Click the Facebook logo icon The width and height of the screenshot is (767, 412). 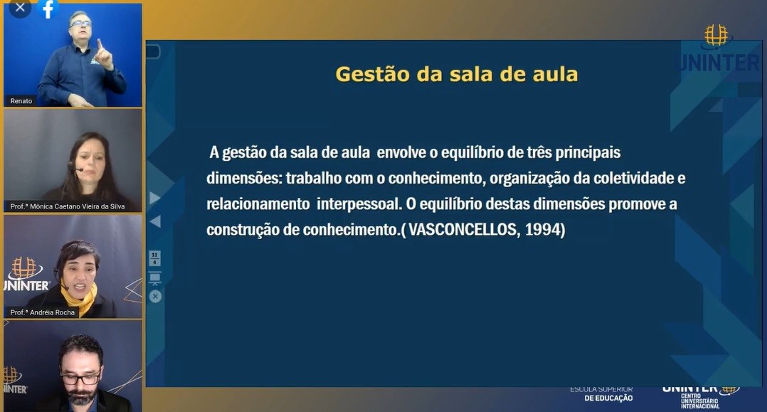[48, 9]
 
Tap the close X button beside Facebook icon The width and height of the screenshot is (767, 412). [20, 8]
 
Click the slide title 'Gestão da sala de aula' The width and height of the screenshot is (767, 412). [456, 75]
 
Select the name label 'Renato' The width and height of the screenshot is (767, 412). [21, 101]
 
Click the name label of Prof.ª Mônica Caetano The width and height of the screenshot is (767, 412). [68, 206]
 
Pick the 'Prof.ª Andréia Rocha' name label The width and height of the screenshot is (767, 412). [43, 312]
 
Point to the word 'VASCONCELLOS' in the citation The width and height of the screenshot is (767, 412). [462, 230]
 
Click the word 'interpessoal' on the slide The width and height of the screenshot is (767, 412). [359, 204]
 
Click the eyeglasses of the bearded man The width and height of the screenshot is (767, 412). [80, 378]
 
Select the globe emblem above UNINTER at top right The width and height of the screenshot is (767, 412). [716, 36]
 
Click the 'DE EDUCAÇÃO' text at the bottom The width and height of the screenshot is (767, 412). [608, 398]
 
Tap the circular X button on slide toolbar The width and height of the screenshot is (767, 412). [155, 297]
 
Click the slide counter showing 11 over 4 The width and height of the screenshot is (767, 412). [154, 258]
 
